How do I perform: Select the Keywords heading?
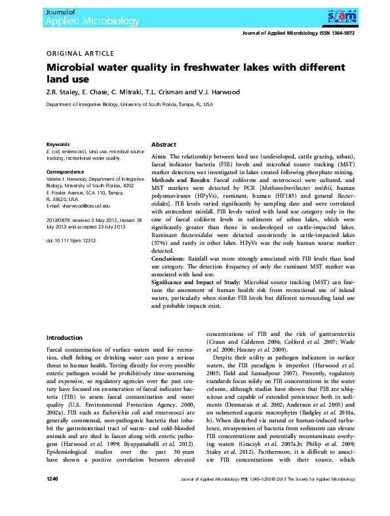(x=58, y=144)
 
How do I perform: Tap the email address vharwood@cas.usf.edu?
(x=79, y=206)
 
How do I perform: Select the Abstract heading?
(x=164, y=144)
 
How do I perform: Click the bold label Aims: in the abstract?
(x=159, y=158)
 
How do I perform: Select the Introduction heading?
(x=64, y=338)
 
